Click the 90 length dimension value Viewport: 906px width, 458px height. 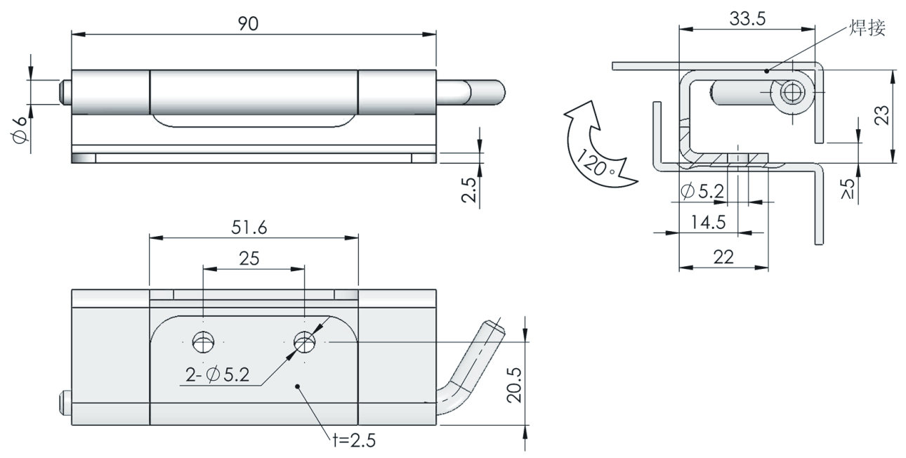pos(248,24)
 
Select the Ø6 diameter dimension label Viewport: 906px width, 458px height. pos(20,130)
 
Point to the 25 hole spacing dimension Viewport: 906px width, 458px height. pos(249,258)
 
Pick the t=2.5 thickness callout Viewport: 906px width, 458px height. pos(355,441)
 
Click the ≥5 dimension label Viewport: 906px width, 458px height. pos(848,189)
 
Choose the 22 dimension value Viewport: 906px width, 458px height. pos(723,257)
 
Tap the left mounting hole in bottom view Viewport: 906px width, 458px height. pos(203,343)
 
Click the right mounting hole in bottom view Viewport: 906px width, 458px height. pos(305,342)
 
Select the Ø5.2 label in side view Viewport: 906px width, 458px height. pos(705,190)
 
